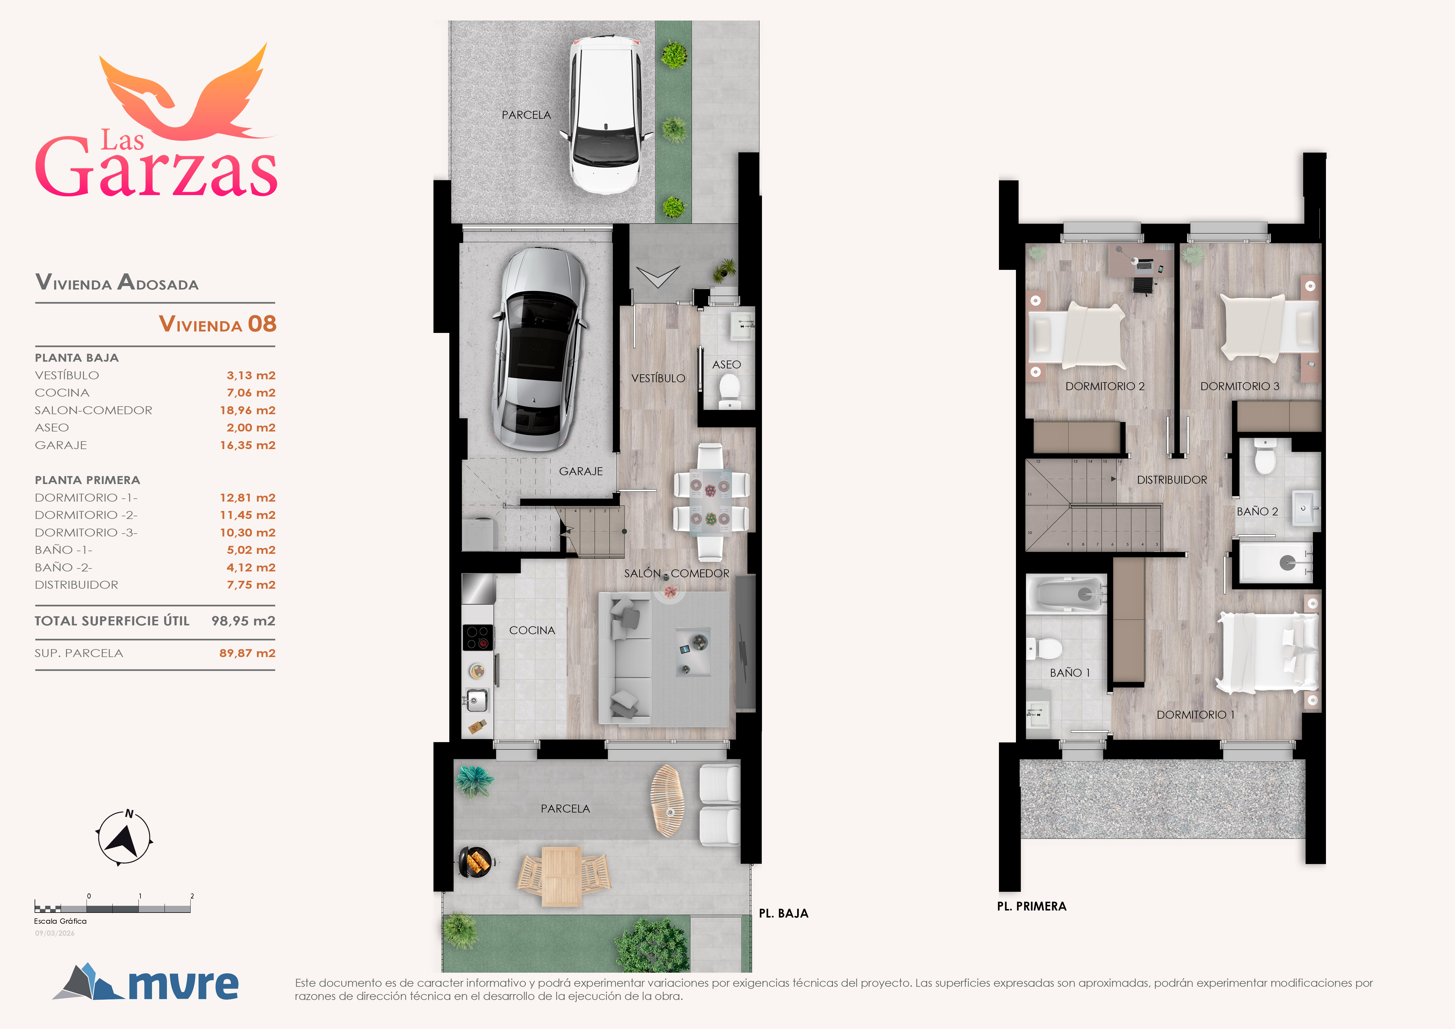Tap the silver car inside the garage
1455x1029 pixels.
coord(539,348)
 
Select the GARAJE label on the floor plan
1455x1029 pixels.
coord(580,471)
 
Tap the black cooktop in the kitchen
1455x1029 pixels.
coord(477,637)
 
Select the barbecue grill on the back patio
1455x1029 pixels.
coord(475,862)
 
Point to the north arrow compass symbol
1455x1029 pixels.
coord(124,838)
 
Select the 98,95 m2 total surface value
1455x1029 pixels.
coord(243,621)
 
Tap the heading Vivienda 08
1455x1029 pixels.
coord(217,324)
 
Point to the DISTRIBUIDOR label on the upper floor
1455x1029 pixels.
coord(1172,480)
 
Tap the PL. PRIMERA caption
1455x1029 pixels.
coord(1032,906)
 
